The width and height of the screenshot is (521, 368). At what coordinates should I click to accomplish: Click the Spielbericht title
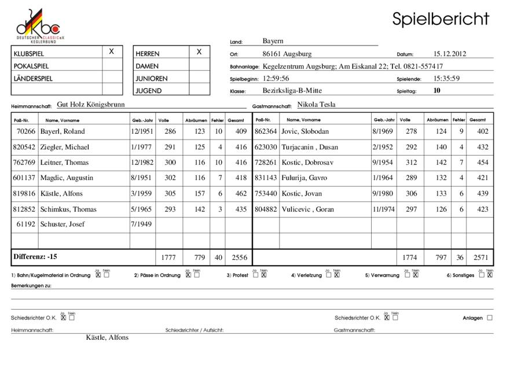[441, 19]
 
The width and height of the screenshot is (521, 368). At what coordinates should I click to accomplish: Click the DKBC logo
[38, 25]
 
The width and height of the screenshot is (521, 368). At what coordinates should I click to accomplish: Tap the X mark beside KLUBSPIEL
[112, 52]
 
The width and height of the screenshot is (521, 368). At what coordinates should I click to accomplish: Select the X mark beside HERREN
[199, 52]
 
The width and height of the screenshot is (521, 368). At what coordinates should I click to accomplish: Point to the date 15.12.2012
[450, 54]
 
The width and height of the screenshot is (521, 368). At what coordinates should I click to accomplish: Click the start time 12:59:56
[276, 79]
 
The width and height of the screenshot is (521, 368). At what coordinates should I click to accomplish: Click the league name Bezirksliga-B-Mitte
[292, 91]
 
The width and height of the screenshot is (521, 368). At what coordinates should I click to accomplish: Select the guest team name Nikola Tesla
[316, 105]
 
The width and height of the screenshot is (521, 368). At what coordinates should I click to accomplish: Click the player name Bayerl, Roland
[63, 132]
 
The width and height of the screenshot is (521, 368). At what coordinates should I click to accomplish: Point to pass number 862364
[266, 132]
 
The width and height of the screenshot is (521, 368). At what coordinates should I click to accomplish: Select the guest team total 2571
[480, 257]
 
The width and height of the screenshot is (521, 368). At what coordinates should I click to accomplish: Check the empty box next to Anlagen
[490, 318]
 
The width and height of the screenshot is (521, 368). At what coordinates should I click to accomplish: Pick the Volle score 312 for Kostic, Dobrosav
[410, 163]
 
